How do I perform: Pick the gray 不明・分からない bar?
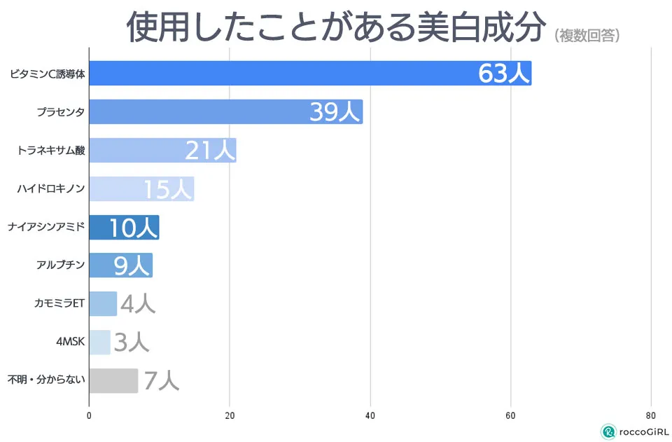tap(113, 380)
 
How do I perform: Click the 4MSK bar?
tap(99, 342)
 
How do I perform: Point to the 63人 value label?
tap(504, 74)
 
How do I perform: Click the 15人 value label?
tap(167, 189)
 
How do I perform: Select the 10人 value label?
tap(134, 228)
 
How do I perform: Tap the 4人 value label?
tap(138, 303)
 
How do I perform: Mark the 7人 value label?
tap(162, 380)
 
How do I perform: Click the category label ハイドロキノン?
tap(50, 188)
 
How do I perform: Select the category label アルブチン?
tap(60, 265)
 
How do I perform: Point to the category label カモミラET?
tap(59, 303)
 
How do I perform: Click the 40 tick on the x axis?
tap(370, 415)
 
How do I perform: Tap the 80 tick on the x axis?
tap(651, 415)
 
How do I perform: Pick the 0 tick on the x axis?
tap(89, 415)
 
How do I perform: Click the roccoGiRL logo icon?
tap(608, 431)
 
